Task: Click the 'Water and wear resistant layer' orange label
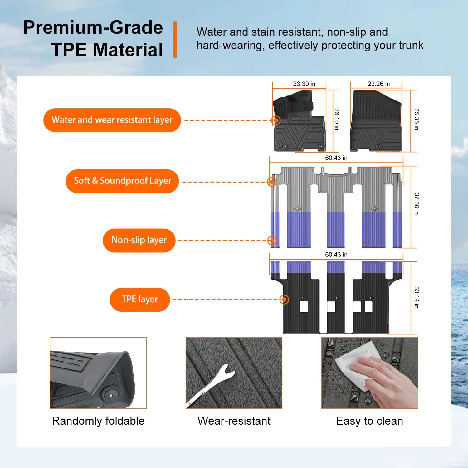(x=112, y=120)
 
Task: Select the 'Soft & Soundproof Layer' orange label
(x=122, y=181)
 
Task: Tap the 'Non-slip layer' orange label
(x=139, y=240)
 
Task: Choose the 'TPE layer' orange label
(x=140, y=300)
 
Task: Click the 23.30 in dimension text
(x=304, y=84)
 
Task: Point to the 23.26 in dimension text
(x=379, y=84)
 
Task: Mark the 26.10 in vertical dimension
(x=337, y=119)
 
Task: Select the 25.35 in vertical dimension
(x=417, y=119)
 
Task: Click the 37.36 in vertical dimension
(x=417, y=204)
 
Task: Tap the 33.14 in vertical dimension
(x=417, y=297)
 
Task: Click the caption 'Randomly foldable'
(x=98, y=421)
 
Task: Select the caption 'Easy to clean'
(x=370, y=421)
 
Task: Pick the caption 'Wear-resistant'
(x=234, y=421)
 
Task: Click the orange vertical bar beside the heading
(x=175, y=39)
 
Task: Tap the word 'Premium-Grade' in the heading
(x=93, y=27)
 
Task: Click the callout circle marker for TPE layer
(x=284, y=300)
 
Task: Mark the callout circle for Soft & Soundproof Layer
(x=272, y=182)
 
